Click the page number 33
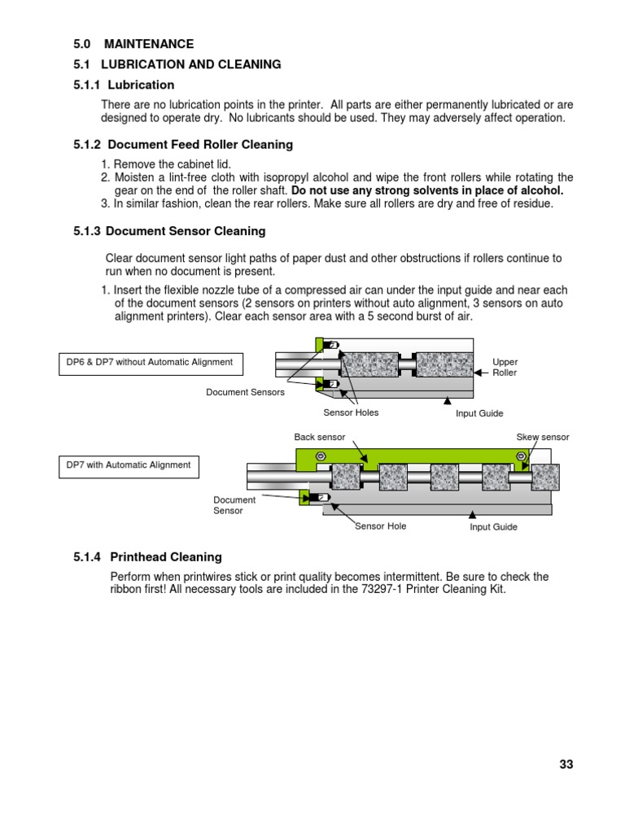(x=566, y=764)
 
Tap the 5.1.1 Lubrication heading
(x=124, y=85)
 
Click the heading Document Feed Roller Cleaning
(x=183, y=145)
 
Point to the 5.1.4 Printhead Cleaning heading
(x=147, y=557)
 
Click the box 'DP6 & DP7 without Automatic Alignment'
(x=151, y=363)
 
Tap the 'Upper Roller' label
(x=505, y=367)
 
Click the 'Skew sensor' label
(x=543, y=438)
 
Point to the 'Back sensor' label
(x=314, y=438)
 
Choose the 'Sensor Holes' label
(x=351, y=412)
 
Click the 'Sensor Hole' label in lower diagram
(x=381, y=526)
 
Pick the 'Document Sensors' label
(x=246, y=392)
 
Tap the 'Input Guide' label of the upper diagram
(x=479, y=413)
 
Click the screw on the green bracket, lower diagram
(x=321, y=456)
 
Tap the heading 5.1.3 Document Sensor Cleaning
(x=169, y=231)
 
